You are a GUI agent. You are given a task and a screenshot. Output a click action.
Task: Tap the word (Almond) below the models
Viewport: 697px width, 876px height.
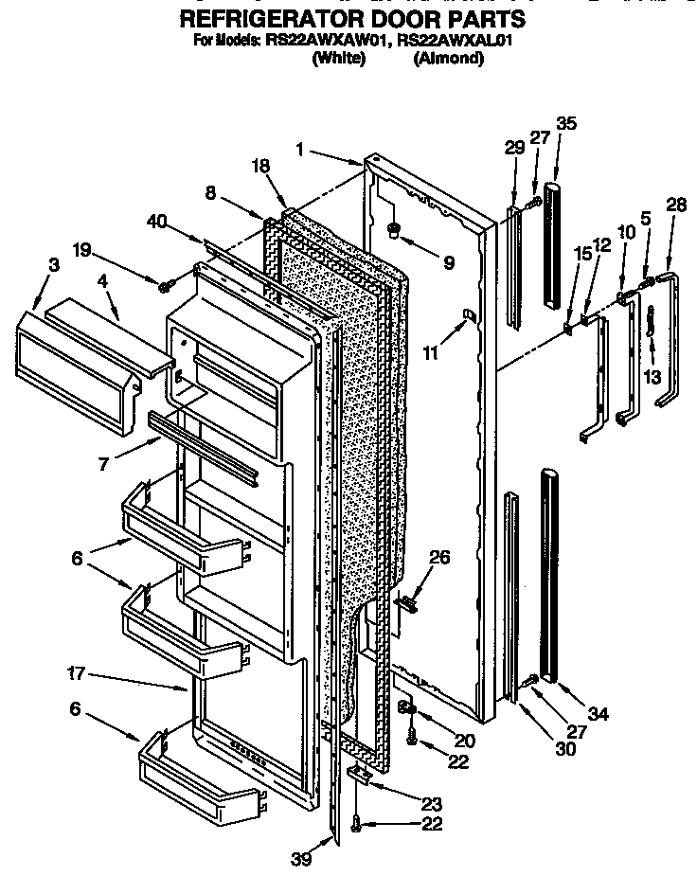point(449,59)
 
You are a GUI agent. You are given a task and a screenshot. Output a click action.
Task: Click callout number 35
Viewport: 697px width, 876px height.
point(566,124)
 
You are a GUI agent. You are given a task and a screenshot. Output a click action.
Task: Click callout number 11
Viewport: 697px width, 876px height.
point(431,353)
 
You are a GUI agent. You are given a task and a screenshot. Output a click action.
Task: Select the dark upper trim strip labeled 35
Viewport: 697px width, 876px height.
point(554,237)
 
